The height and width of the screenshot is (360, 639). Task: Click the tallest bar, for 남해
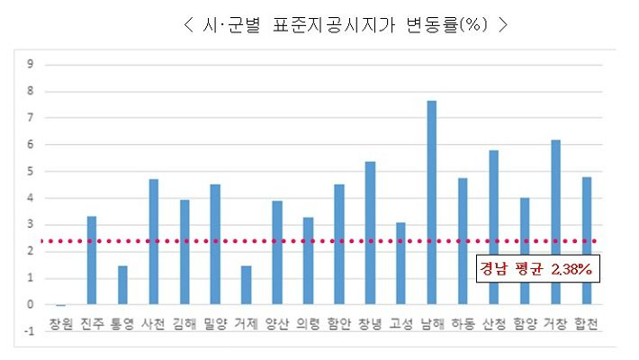pos(432,202)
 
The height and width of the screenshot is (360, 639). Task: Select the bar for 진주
pos(92,260)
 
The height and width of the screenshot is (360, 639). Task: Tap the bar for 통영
pos(122,285)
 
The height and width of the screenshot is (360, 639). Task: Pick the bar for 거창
pos(555,222)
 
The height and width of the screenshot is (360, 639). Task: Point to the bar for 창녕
pos(370,233)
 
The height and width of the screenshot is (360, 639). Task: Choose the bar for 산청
pos(493,228)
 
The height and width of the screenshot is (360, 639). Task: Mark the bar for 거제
pos(246,285)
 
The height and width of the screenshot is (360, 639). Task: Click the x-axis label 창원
pos(60,324)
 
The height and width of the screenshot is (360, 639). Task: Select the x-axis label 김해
pos(184,324)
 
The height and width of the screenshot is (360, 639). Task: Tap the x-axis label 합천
pos(587,324)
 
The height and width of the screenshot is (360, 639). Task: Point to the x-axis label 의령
pos(308,324)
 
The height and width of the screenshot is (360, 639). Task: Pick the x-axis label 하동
pos(463,324)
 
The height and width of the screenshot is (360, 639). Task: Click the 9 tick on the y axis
pos(31,64)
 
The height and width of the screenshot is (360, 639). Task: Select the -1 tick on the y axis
pos(29,332)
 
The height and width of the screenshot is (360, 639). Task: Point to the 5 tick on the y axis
pos(31,171)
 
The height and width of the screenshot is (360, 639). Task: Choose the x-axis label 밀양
pos(215,324)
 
